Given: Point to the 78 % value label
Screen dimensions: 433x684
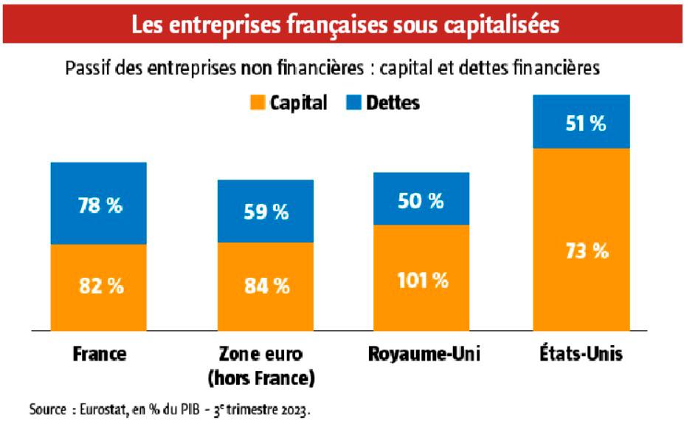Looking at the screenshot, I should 100,206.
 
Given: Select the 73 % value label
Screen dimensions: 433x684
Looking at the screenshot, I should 583,250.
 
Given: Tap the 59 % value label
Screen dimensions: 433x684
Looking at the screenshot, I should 266,213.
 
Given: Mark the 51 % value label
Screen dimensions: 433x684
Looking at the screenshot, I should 583,123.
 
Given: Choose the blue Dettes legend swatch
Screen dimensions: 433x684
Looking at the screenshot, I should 354,103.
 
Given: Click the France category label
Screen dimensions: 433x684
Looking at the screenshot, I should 99,355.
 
